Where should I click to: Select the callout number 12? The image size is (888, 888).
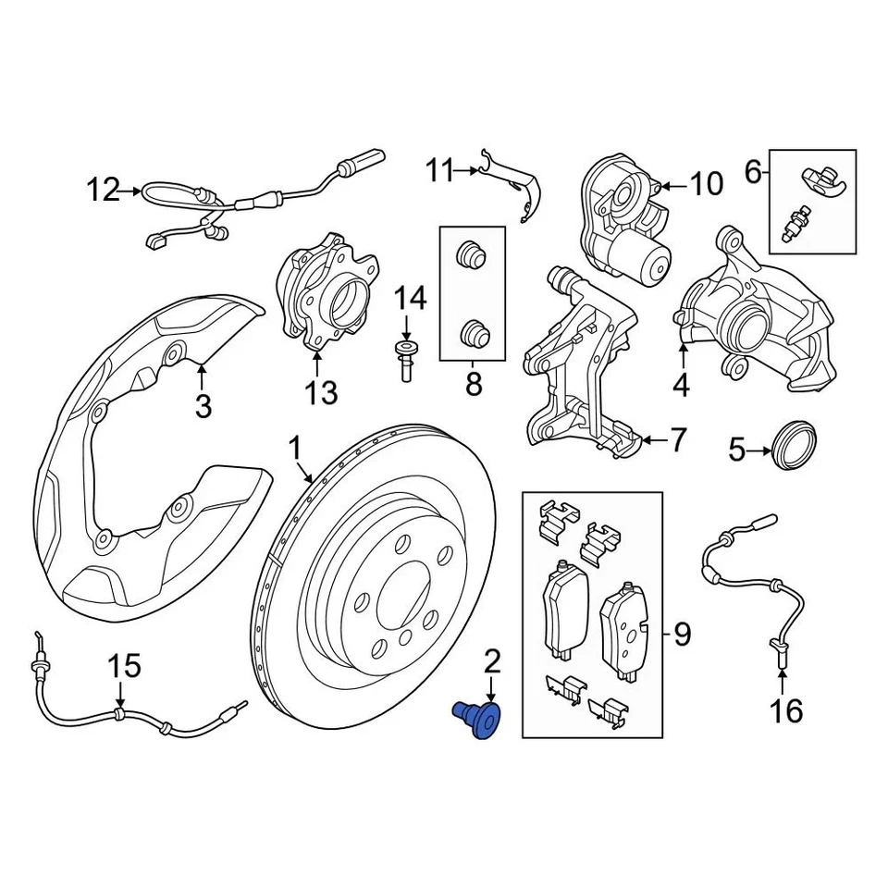pyautogui.click(x=104, y=191)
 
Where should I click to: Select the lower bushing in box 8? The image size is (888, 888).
pyautogui.click(x=474, y=332)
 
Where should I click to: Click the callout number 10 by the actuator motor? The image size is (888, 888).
pyautogui.click(x=707, y=185)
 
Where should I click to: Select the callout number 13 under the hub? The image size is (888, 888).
pyautogui.click(x=321, y=394)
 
